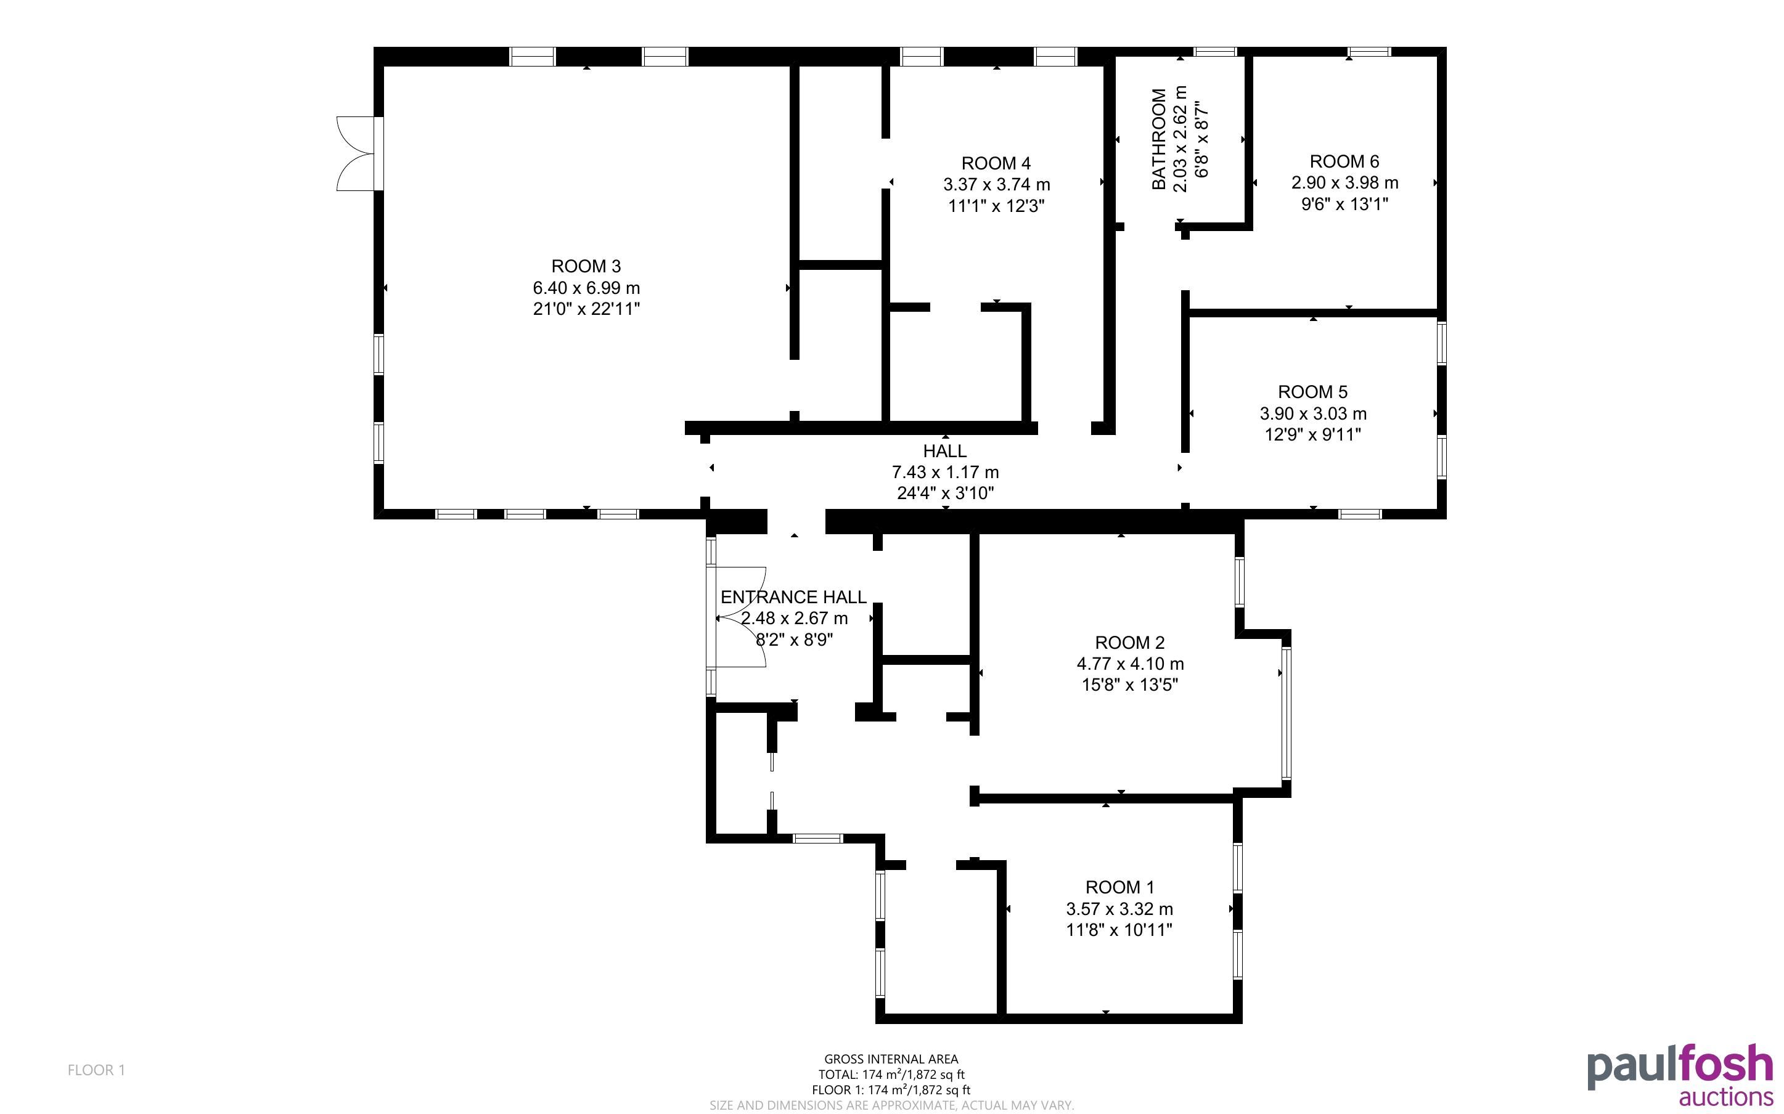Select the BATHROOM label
pyautogui.click(x=1159, y=139)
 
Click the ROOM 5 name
pyautogui.click(x=1312, y=392)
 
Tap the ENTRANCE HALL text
pyautogui.click(x=793, y=597)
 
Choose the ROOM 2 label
pyautogui.click(x=1130, y=643)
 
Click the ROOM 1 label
pyautogui.click(x=1119, y=887)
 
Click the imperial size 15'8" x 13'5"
pyautogui.click(x=1130, y=685)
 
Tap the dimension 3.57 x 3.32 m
pyautogui.click(x=1119, y=909)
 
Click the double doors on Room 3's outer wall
pyautogui.click(x=357, y=154)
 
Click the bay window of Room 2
pyautogui.click(x=1286, y=714)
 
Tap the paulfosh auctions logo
pyautogui.click(x=1680, y=1075)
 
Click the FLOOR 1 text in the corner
pyautogui.click(x=97, y=1070)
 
